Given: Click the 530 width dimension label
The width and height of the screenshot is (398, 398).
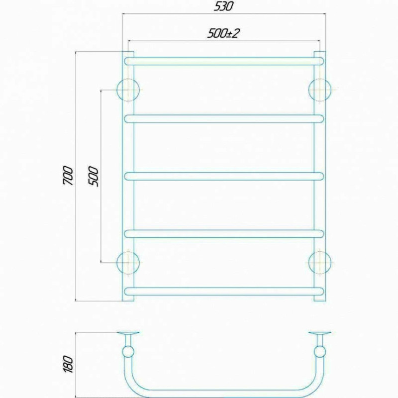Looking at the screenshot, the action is click(223, 6).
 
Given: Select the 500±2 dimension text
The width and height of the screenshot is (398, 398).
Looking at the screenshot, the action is click(223, 33).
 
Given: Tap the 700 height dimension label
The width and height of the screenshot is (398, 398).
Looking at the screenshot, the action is click(68, 176).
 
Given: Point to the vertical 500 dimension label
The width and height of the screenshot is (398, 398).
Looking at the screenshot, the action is click(93, 177).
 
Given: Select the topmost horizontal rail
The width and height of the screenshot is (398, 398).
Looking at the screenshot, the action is click(224, 61).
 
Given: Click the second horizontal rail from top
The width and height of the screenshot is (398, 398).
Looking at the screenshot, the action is click(224, 119).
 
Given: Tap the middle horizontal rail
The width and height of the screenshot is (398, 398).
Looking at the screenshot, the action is click(224, 177).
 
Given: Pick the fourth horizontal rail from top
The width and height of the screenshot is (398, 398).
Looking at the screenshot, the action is click(224, 234).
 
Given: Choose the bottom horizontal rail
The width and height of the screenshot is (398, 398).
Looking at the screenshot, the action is click(224, 292).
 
